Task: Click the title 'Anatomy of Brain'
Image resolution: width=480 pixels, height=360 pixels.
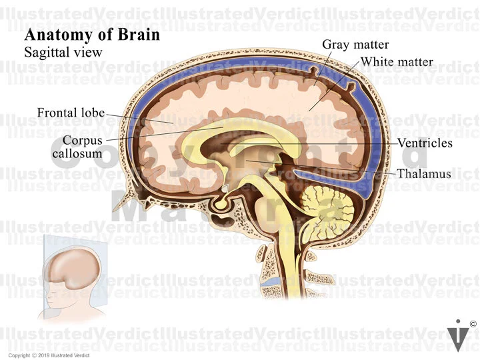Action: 92,35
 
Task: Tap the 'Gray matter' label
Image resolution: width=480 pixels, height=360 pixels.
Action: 349,45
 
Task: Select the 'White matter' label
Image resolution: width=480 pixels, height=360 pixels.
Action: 397,63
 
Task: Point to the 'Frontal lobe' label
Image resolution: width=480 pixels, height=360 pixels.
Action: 70,112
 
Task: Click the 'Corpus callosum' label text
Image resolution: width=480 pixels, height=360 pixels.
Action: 81,147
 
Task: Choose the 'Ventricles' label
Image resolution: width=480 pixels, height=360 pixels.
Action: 425,143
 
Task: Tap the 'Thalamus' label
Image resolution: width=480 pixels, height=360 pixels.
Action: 424,173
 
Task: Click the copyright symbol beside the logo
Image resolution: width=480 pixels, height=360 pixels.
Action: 473,325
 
